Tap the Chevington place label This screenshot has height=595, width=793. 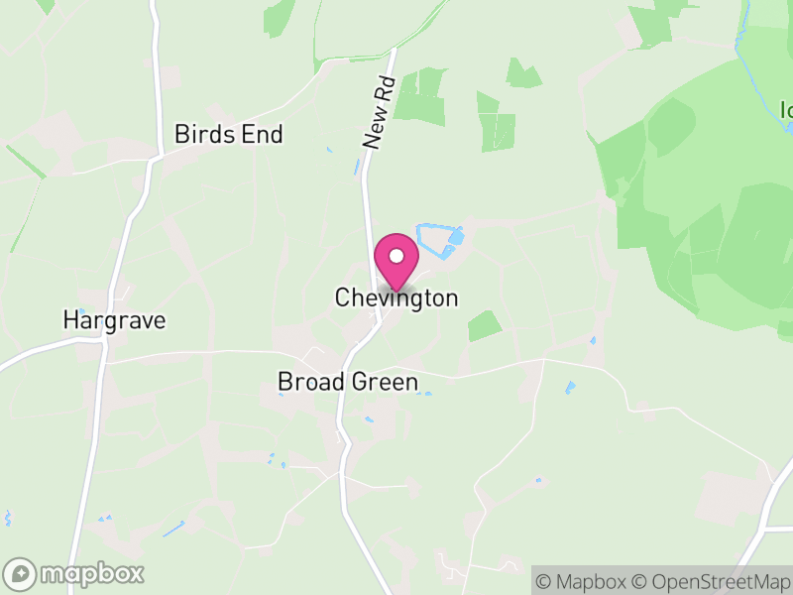point(396,297)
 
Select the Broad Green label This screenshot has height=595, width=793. point(348,382)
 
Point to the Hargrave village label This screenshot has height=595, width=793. point(114,320)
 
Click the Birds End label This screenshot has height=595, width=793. point(229,134)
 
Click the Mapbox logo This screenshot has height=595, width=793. point(75,573)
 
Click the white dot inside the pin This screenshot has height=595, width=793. point(396,256)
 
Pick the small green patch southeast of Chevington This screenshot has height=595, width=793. point(485,325)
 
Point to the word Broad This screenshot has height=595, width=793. point(311,382)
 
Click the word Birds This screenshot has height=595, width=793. point(203,134)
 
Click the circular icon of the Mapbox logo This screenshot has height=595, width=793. point(21,573)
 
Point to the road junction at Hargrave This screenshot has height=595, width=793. point(103,339)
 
